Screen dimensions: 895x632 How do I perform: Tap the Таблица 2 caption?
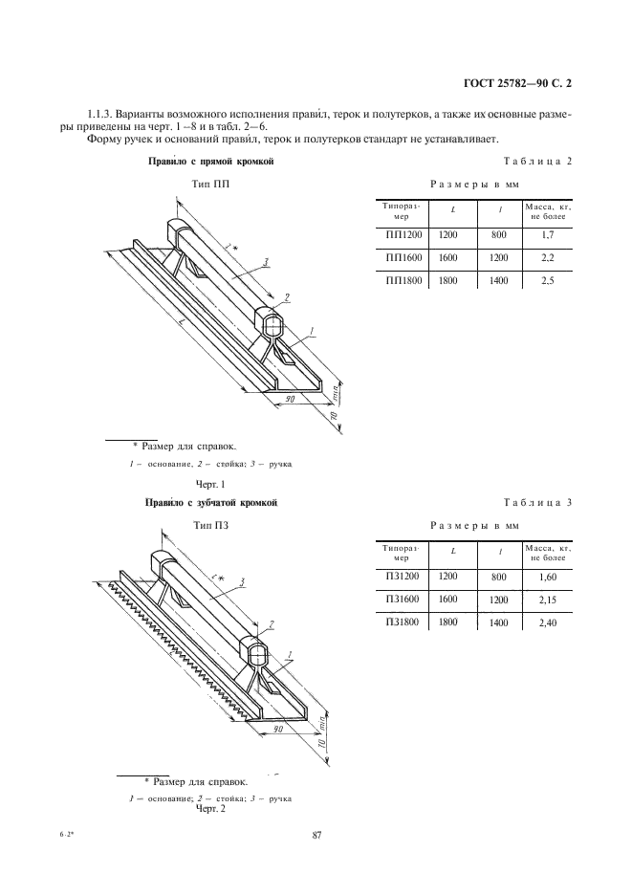click(537, 162)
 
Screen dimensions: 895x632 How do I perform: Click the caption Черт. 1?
click(208, 484)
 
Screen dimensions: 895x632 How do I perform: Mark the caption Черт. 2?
click(208, 810)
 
